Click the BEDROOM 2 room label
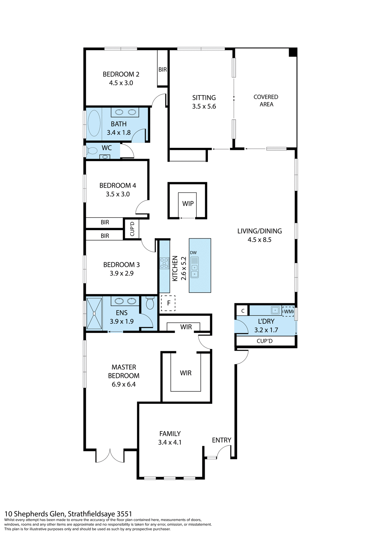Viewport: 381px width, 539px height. tap(121, 74)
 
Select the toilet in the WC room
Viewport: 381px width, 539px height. tap(92, 151)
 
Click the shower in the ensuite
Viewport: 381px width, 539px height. tap(94, 313)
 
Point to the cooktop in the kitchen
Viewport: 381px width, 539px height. tap(164, 263)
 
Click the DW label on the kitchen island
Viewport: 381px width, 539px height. tap(193, 253)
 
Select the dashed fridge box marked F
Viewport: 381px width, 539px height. tap(168, 303)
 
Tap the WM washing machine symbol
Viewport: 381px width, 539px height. tap(288, 311)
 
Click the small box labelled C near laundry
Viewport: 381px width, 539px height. tap(243, 311)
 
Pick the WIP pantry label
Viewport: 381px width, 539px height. tap(188, 204)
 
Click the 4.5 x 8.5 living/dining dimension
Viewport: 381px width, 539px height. tap(259, 240)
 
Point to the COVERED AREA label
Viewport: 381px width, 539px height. tap(266, 101)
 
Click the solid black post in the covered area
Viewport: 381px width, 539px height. tap(293, 52)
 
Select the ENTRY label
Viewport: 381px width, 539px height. tap(221, 440)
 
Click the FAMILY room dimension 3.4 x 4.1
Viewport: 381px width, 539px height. tap(170, 442)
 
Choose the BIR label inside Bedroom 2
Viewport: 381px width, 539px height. tap(162, 70)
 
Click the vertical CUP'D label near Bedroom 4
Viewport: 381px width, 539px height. tap(132, 229)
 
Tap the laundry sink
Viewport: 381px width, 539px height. tap(275, 310)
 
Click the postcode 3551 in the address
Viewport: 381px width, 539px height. tap(124, 514)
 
